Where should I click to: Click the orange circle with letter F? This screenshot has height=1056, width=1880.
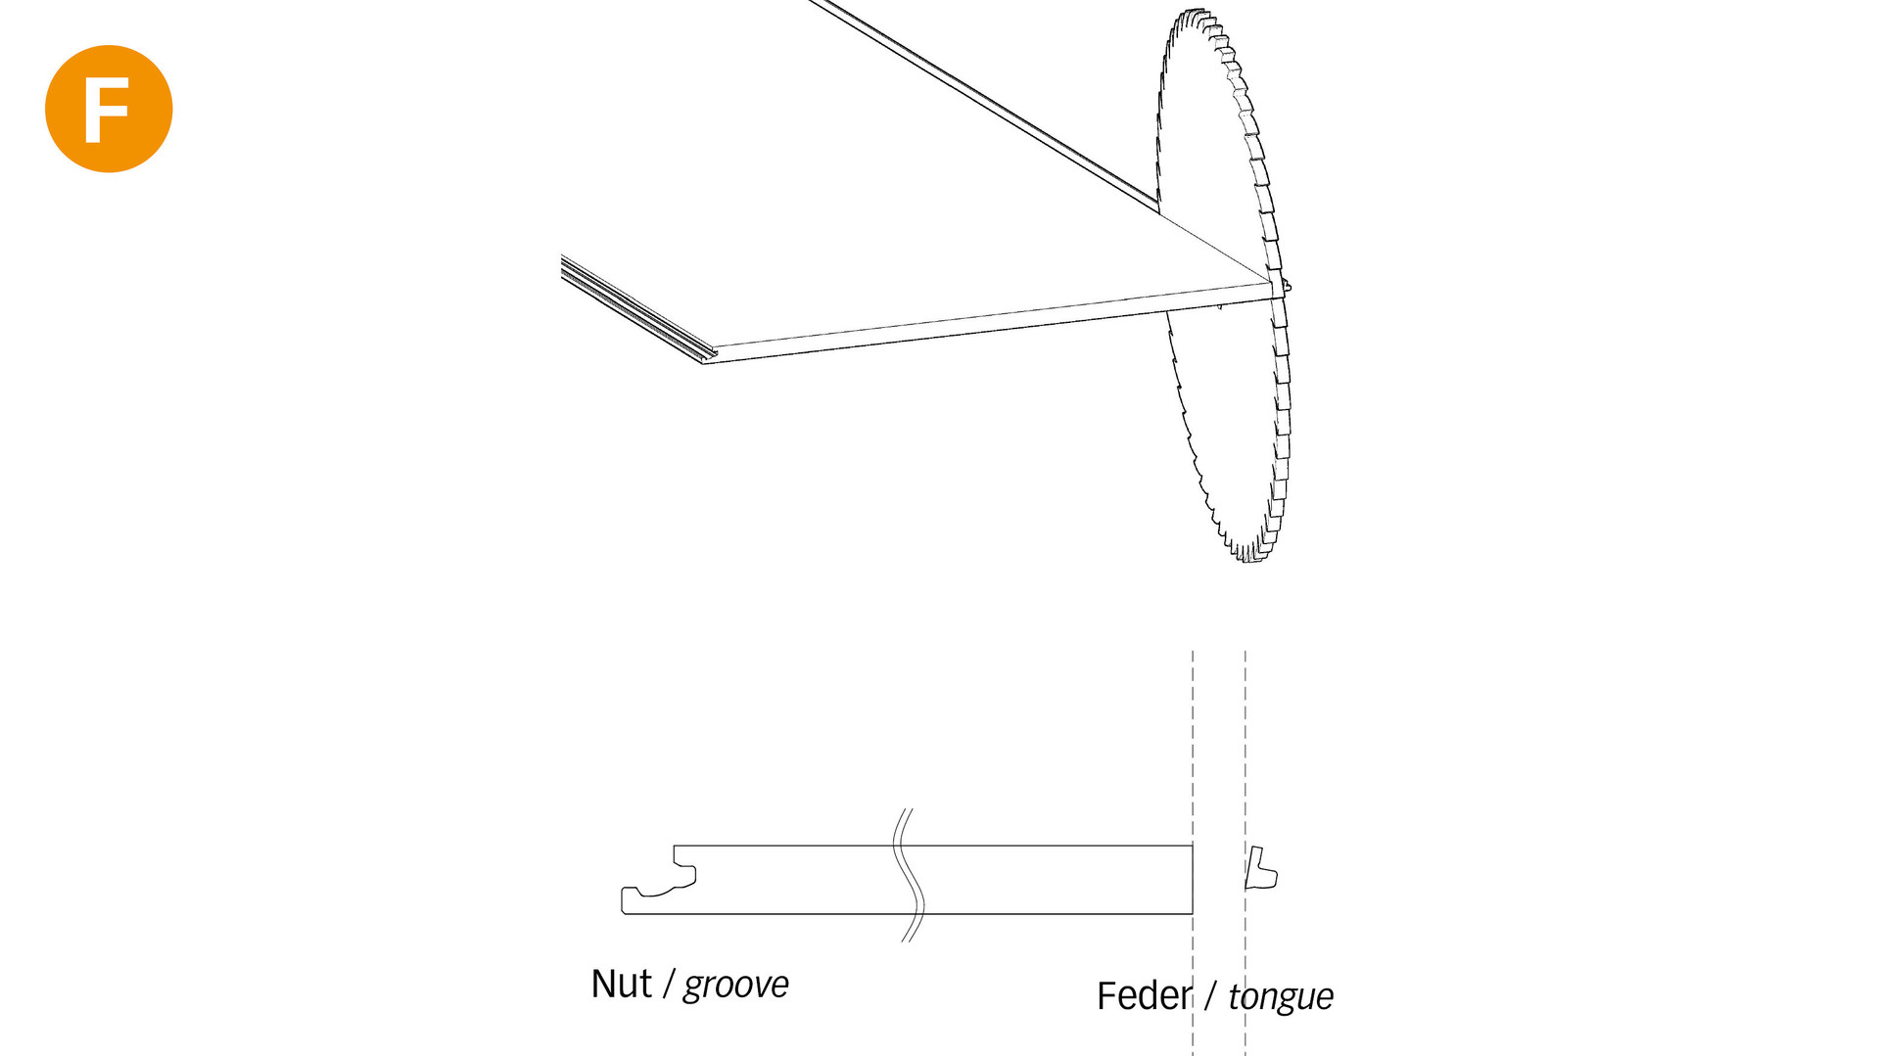[109, 109]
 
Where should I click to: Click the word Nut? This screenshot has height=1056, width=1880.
[621, 984]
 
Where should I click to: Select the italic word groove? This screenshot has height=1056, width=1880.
[735, 985]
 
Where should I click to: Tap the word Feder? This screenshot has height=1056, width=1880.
[1142, 996]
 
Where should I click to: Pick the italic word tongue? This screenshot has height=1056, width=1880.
[1280, 996]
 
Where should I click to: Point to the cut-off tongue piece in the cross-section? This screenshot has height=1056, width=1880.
[1260, 869]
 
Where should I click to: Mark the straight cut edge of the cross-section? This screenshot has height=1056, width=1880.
[1193, 880]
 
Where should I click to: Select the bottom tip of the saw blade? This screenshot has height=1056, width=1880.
[1251, 560]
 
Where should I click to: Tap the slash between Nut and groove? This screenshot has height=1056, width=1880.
[669, 984]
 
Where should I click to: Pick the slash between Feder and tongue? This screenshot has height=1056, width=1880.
[1210, 996]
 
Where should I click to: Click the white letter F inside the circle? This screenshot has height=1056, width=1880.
[105, 110]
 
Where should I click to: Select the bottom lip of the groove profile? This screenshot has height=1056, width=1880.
[632, 900]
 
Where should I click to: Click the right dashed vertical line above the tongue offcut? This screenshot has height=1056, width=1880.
[1245, 744]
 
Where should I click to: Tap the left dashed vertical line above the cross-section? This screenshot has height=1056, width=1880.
[1193, 744]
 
